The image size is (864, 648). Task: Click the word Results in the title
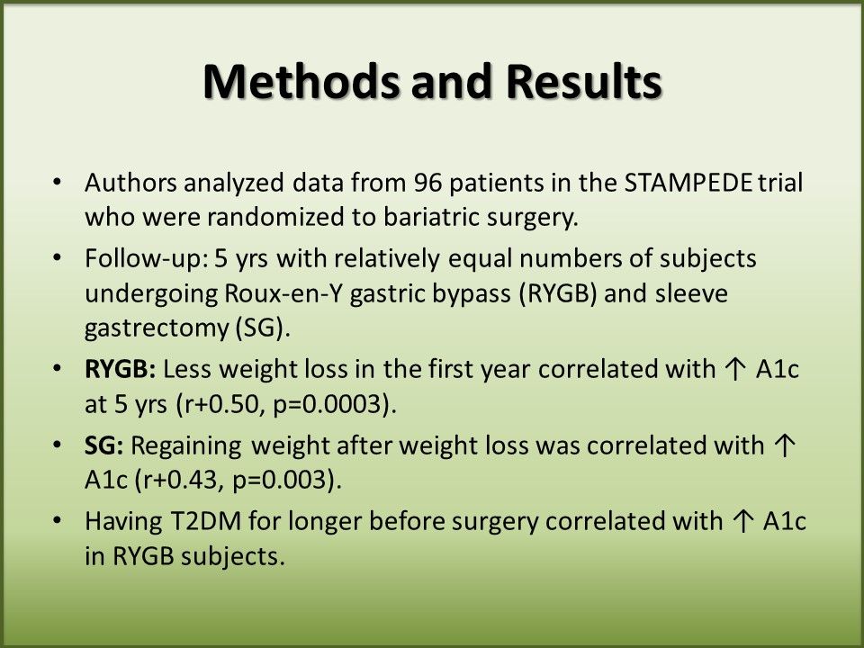pyautogui.click(x=584, y=81)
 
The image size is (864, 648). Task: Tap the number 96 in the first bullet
pyautogui.click(x=428, y=183)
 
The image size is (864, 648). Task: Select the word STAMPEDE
pyautogui.click(x=688, y=183)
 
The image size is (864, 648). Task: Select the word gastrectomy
pyautogui.click(x=156, y=329)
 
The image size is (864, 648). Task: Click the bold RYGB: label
pyautogui.click(x=121, y=369)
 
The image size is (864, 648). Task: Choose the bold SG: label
pyautogui.click(x=104, y=445)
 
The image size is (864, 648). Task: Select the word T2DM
pyautogui.click(x=202, y=521)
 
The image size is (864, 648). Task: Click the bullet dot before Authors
pyautogui.click(x=57, y=182)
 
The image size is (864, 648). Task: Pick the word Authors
pyautogui.click(x=131, y=183)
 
